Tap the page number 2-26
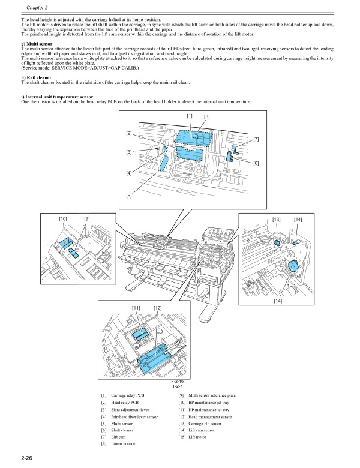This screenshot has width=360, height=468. [x=26, y=460]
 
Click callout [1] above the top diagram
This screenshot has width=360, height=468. [x=190, y=115]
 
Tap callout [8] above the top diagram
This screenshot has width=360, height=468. [x=206, y=116]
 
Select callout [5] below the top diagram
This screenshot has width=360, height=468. [x=129, y=196]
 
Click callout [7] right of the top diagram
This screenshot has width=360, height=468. [x=256, y=139]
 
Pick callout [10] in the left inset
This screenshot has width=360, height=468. [x=63, y=220]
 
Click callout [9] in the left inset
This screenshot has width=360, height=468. [x=86, y=220]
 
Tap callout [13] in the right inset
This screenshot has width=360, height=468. [x=277, y=220]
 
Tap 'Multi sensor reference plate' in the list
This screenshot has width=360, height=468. [x=212, y=395]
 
